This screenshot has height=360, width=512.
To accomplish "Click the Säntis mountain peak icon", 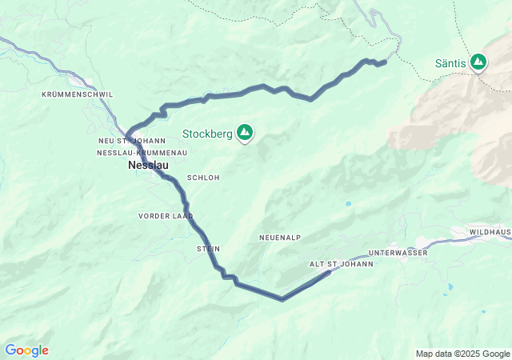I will click(x=478, y=61).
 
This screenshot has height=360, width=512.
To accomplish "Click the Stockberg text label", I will click(x=207, y=134).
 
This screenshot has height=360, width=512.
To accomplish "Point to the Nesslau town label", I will click(x=148, y=166).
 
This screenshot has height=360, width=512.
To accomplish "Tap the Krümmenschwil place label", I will click(x=78, y=94).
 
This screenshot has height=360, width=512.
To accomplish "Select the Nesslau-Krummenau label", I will click(x=142, y=152).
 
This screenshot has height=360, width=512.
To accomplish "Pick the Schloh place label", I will click(x=202, y=178).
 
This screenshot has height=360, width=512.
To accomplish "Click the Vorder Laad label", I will click(x=166, y=216).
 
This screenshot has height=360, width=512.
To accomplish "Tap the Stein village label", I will click(x=208, y=250).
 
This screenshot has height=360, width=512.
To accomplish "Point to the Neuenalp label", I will click(x=279, y=238).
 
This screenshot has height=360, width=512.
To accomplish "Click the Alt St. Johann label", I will click(x=342, y=264).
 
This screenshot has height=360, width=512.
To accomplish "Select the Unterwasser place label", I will click(x=398, y=253).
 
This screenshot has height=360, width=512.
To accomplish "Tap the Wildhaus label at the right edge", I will click(x=490, y=232).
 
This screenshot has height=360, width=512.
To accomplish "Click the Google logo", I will click(x=26, y=350).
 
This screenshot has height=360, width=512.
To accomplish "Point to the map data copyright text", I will click(x=462, y=354).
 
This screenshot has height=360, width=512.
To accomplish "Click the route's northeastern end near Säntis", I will click(x=385, y=62).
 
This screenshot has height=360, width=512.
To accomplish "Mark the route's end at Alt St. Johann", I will click(x=329, y=273).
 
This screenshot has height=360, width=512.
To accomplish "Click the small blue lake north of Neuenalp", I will click(x=348, y=205).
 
